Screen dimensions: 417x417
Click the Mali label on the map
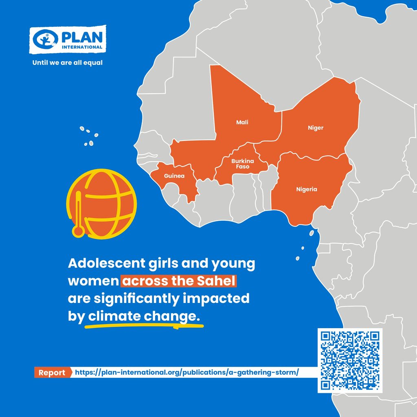(242, 122)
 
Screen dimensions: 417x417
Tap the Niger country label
(315, 128)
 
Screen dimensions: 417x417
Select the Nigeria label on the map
(306, 189)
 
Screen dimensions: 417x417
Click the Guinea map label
(174, 176)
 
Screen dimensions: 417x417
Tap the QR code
(350, 360)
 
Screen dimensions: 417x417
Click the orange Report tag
(52, 373)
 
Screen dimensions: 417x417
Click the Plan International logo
(68, 40)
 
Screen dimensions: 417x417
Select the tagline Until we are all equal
(68, 63)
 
